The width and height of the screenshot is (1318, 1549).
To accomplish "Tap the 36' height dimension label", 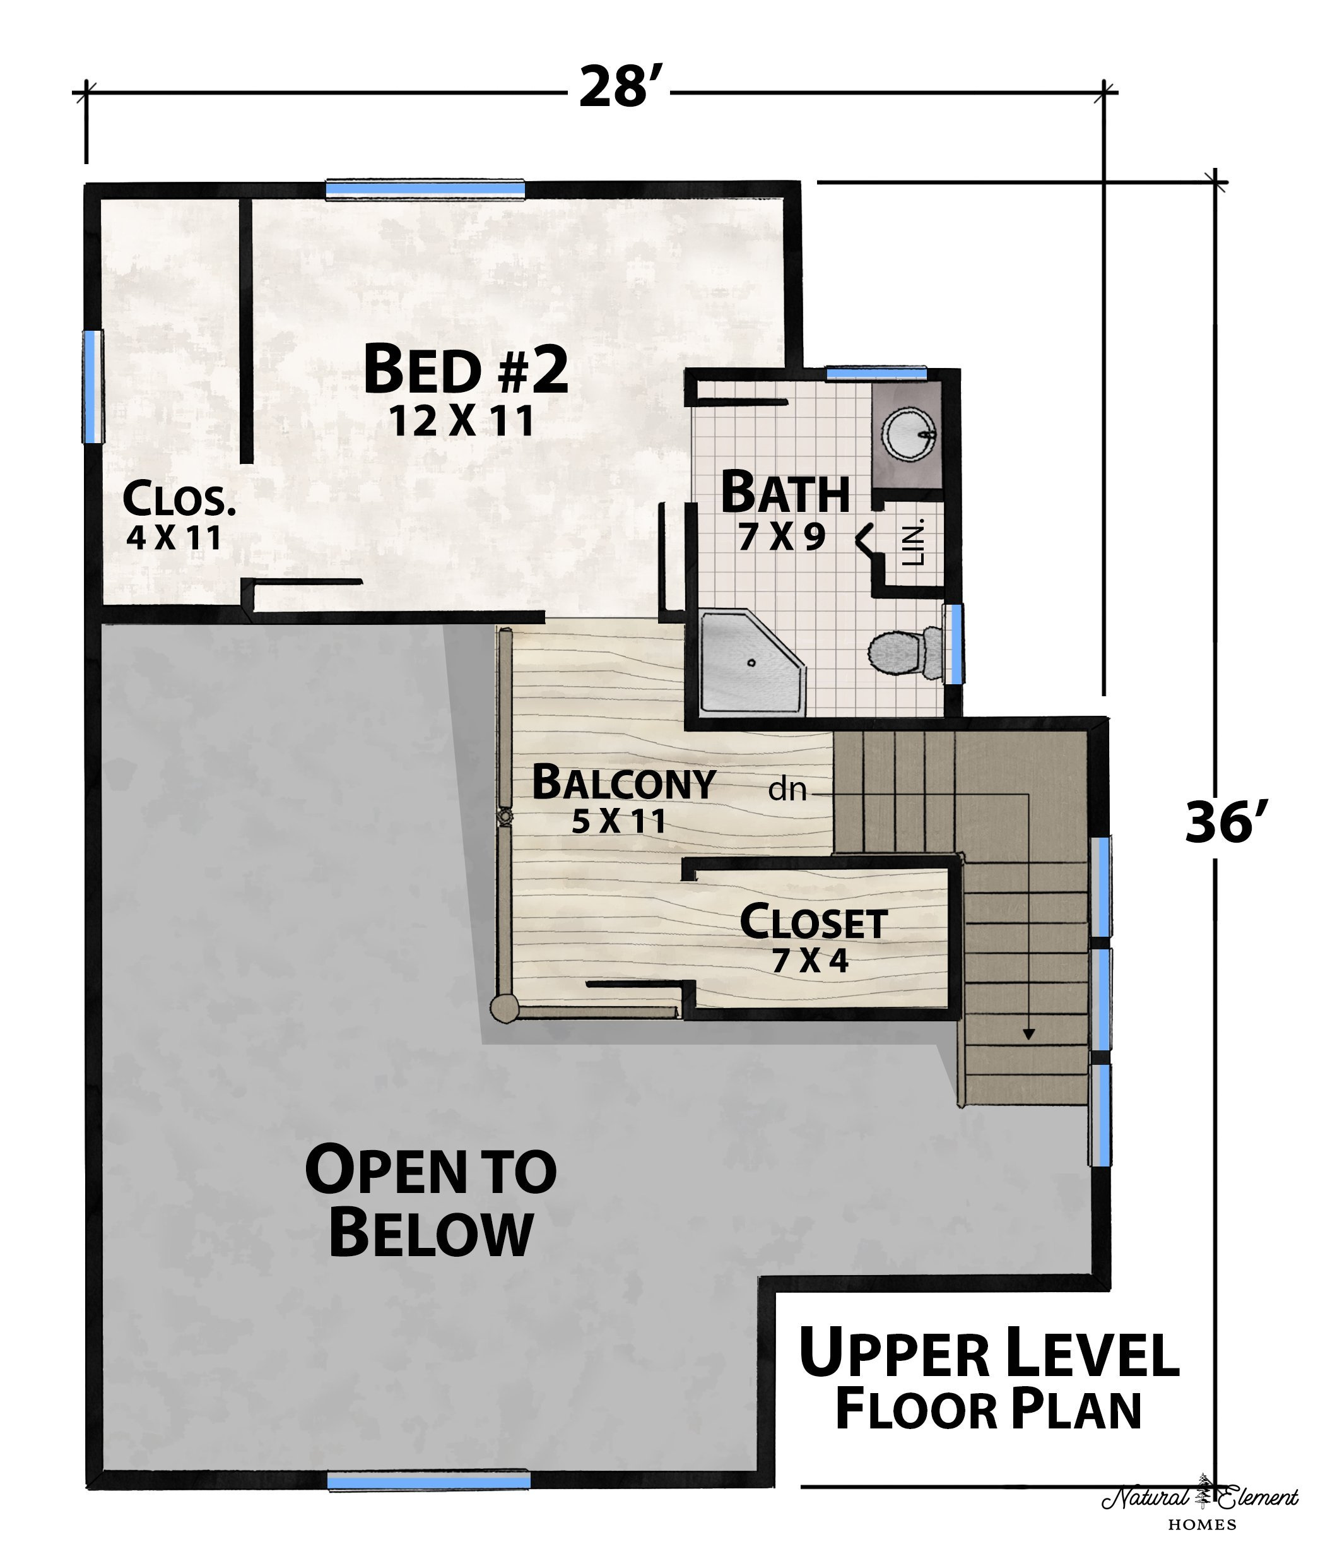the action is pyautogui.click(x=1226, y=822).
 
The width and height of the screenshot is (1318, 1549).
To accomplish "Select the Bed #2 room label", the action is pyautogui.click(x=466, y=369).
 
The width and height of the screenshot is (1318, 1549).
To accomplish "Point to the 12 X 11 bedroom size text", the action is pyautogui.click(x=462, y=422).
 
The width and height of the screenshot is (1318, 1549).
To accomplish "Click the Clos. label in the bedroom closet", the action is pyautogui.click(x=179, y=499).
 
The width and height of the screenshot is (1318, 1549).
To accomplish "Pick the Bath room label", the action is pyautogui.click(x=784, y=491).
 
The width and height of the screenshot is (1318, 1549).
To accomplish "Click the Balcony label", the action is pyautogui.click(x=623, y=783).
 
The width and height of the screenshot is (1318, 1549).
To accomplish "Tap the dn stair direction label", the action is pyautogui.click(x=787, y=790).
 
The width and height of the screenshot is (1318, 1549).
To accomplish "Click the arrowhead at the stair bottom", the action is pyautogui.click(x=1029, y=1035).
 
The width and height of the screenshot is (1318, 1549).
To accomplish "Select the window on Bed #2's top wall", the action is pyautogui.click(x=425, y=189).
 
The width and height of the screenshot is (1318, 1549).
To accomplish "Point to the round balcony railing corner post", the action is pyautogui.click(x=503, y=1008).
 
